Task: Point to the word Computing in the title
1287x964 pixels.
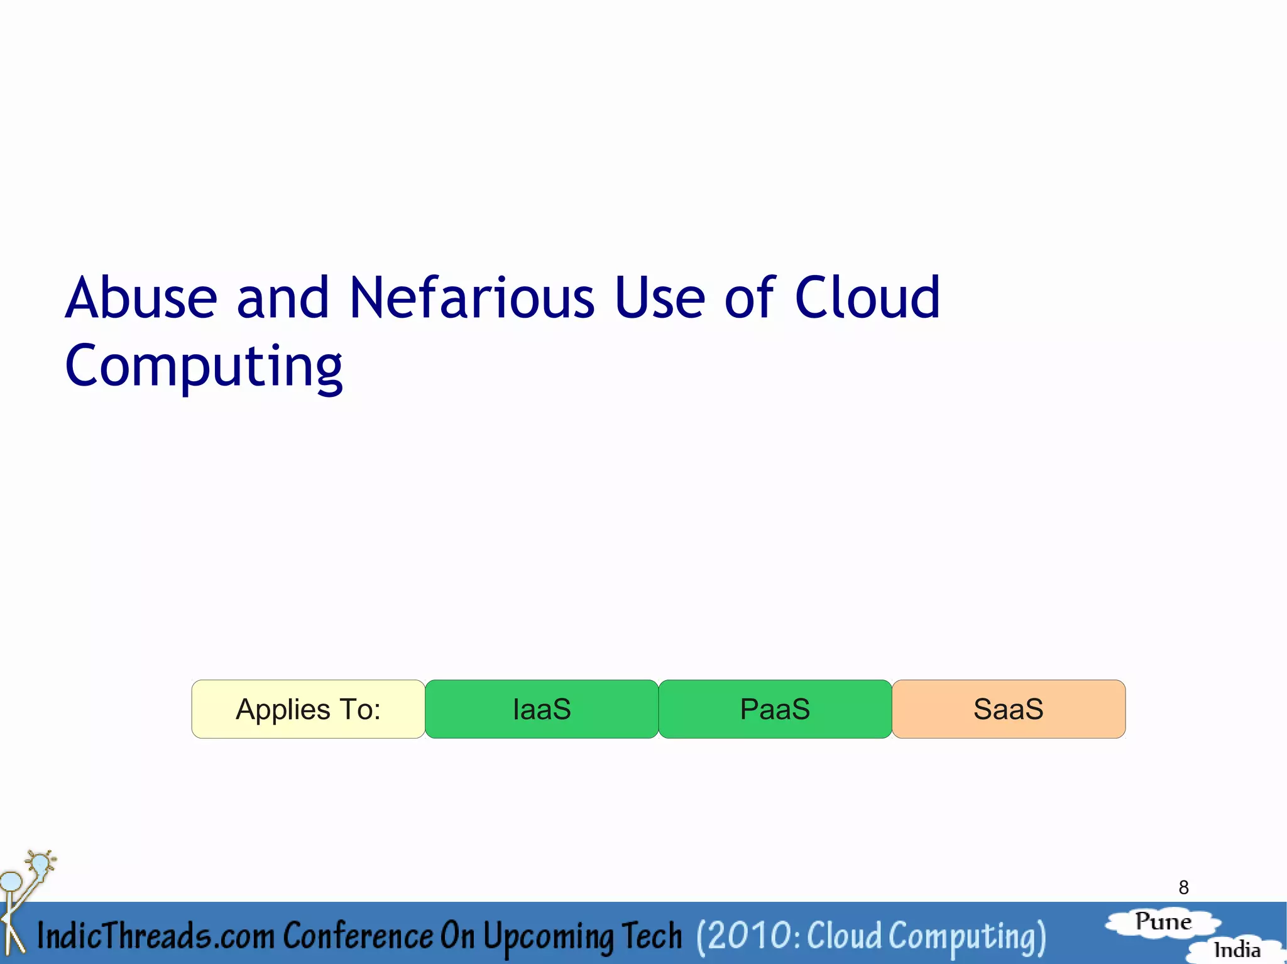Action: [x=204, y=366]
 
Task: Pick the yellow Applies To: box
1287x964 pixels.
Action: [x=308, y=709]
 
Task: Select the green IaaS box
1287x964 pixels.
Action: [x=542, y=709]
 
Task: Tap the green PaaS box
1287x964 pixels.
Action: [x=775, y=709]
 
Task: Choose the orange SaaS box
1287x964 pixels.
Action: [x=1008, y=709]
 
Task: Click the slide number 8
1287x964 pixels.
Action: [x=1183, y=887]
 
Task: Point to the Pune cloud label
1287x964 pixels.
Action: [x=1163, y=922]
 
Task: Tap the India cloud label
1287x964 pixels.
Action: [x=1237, y=950]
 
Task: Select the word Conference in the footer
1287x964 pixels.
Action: [x=358, y=936]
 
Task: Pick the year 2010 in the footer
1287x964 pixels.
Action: [x=748, y=936]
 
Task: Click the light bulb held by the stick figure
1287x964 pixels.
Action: [x=40, y=864]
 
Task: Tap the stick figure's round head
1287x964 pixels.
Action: [x=11, y=881]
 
